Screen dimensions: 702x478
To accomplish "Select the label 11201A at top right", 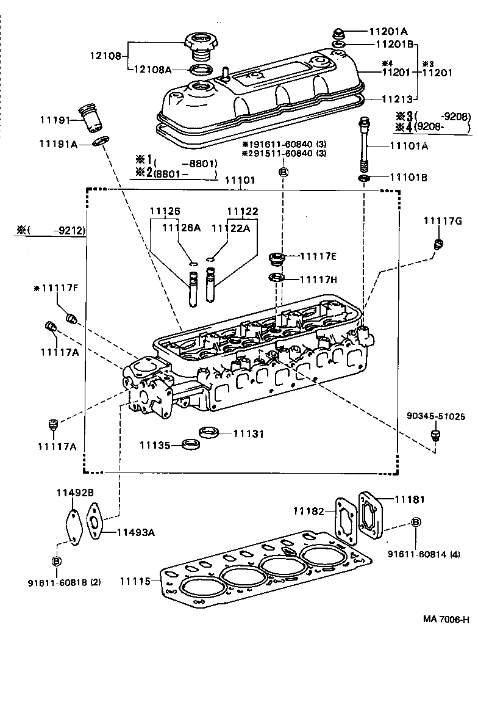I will pyautogui.click(x=391, y=31).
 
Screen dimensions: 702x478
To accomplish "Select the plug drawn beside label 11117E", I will pyautogui.click(x=277, y=258).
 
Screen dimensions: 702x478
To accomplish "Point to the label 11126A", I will pyautogui.click(x=181, y=228).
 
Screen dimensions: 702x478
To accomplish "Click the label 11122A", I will pyautogui.click(x=231, y=228).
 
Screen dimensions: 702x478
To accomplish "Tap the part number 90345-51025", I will pyautogui.click(x=435, y=417).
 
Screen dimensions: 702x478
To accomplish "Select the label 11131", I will pyautogui.click(x=249, y=434).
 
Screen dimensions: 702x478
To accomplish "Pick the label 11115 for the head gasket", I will pyautogui.click(x=135, y=581).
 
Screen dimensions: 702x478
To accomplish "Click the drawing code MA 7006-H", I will pyautogui.click(x=446, y=619).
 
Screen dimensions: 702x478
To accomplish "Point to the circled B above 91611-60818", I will pyautogui.click(x=56, y=560).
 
